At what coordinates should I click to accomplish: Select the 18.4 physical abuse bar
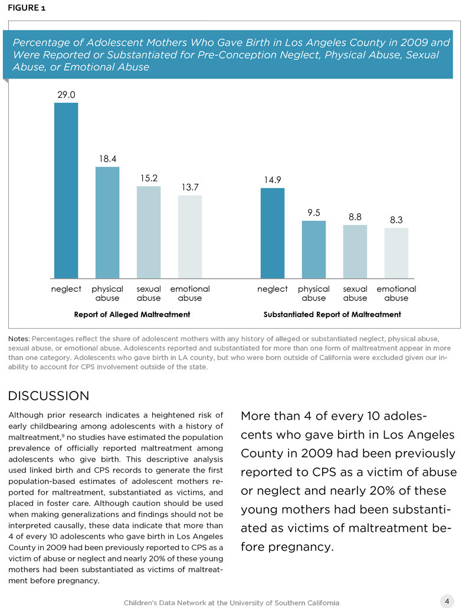107,223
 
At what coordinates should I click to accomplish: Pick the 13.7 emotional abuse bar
190,237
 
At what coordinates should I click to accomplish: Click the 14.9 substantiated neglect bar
273,233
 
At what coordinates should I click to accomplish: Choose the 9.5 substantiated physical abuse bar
314,250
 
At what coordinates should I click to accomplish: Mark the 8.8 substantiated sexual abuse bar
355,251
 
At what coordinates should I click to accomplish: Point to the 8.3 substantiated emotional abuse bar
396,253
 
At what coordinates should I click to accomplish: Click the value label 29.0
66,94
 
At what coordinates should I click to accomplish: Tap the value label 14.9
273,179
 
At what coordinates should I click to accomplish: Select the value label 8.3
396,220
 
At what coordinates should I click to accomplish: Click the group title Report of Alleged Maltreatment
132,315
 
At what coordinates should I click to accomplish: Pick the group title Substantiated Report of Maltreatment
332,315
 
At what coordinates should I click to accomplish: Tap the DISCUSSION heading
48,395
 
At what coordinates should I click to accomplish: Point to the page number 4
447,600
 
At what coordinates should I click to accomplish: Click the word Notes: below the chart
19,339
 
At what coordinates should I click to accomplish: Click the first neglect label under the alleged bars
66,289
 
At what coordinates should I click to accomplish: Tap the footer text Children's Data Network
231,602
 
